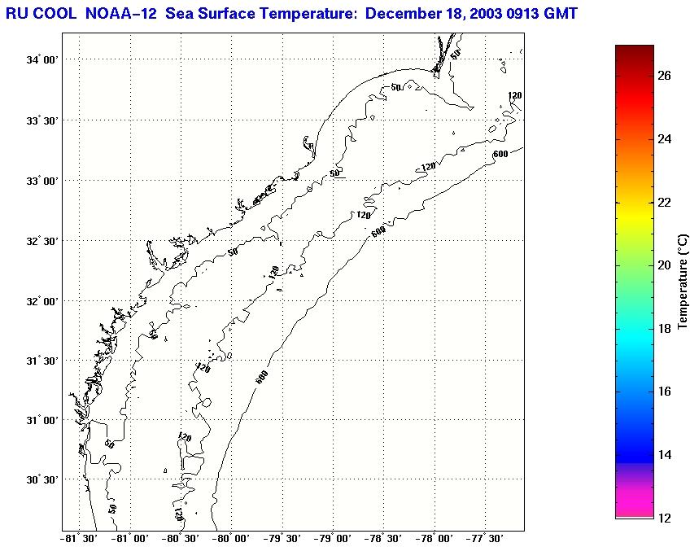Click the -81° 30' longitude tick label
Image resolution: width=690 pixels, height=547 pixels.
click(78, 538)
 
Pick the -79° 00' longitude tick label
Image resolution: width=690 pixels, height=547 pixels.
click(333, 538)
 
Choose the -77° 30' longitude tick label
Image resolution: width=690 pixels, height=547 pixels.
click(486, 538)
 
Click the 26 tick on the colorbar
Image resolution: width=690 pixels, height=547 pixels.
click(664, 75)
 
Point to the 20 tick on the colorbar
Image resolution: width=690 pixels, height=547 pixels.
click(664, 265)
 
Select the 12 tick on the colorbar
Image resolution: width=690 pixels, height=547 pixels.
click(664, 518)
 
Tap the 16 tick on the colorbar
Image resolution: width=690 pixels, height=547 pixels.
click(664, 392)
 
